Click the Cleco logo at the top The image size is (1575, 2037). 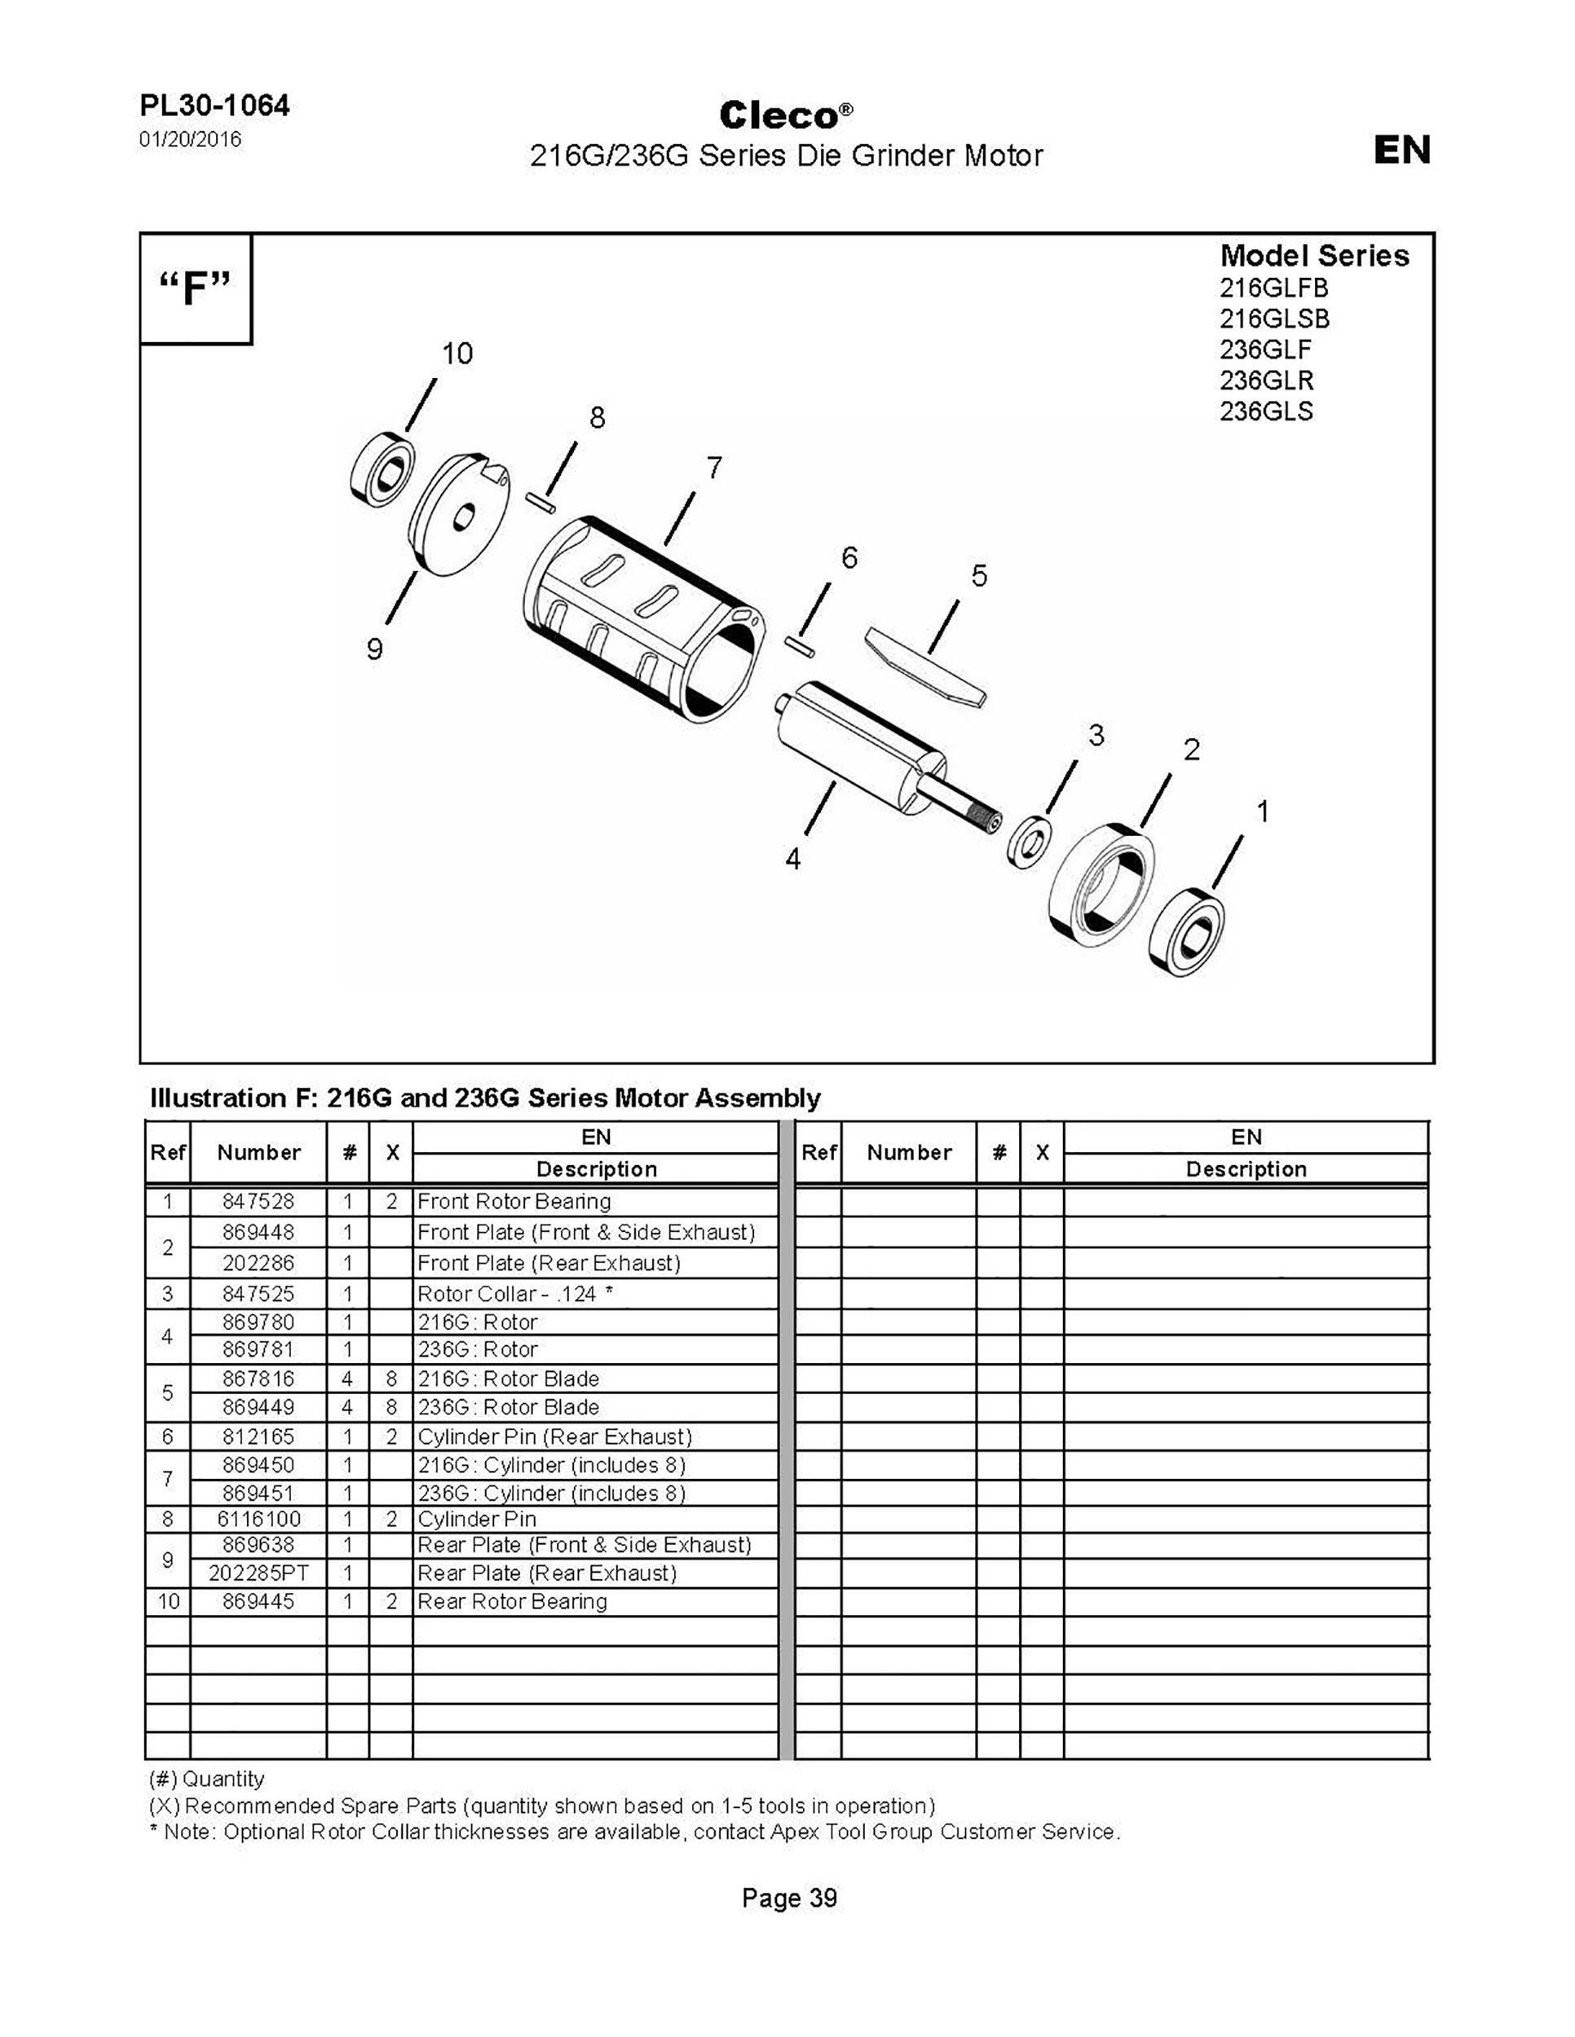(x=786, y=116)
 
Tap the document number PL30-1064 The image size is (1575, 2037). (x=214, y=105)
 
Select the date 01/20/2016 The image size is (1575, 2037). (x=190, y=140)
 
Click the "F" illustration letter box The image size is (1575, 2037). (x=195, y=288)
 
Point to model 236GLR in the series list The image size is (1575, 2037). (x=1266, y=381)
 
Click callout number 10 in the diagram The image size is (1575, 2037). (x=457, y=354)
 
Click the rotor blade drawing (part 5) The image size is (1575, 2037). (x=925, y=667)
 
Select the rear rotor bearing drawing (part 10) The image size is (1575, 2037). (x=382, y=469)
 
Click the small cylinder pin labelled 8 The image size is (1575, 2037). (x=542, y=502)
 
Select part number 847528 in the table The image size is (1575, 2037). (x=258, y=1201)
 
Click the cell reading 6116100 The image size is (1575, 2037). (x=258, y=1520)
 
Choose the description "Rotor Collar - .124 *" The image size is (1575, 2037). (x=515, y=1294)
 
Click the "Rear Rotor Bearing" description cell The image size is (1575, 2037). (x=512, y=1601)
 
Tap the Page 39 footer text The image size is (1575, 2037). (x=789, y=1898)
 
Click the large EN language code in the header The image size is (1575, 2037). (x=1401, y=150)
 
